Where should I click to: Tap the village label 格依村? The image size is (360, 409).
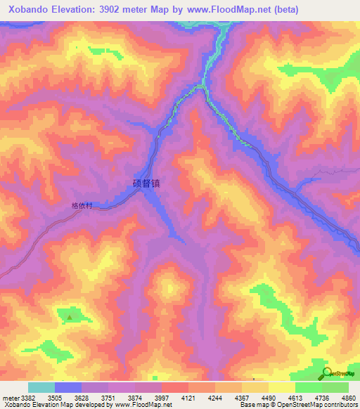pyautogui.click(x=82, y=207)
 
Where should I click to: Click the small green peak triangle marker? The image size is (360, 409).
pyautogui.click(x=69, y=317)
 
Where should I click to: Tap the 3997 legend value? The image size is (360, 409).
pyautogui.click(x=162, y=397)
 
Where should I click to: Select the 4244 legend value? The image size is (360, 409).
pyautogui.click(x=215, y=397)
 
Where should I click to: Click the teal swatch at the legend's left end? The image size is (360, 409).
pyautogui.click(x=41, y=387)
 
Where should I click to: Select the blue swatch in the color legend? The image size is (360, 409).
pyautogui.click(x=67, y=387)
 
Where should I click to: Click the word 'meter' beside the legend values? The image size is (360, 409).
pyautogui.click(x=10, y=397)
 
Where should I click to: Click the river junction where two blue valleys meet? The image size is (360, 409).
pyautogui.click(x=201, y=86)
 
